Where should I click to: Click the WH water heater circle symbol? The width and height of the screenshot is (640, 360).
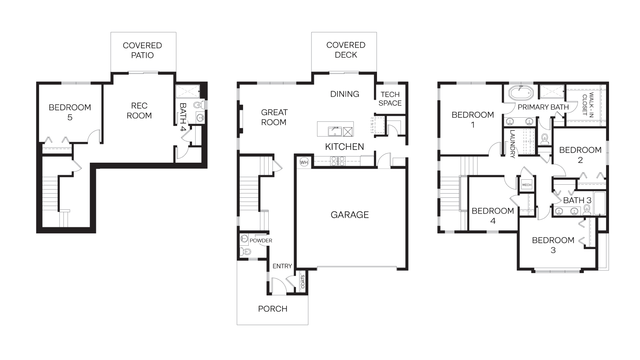click(x=304, y=162)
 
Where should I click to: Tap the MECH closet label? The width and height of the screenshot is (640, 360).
click(x=527, y=185)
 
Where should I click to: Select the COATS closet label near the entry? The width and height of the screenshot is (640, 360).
click(x=303, y=282)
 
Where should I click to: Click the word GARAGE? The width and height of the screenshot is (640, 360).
click(x=350, y=215)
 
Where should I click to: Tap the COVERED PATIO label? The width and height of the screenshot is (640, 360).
click(x=142, y=50)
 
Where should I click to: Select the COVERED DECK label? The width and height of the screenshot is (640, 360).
click(x=346, y=50)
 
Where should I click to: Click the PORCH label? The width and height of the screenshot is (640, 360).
click(x=273, y=309)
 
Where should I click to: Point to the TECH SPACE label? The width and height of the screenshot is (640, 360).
click(x=390, y=99)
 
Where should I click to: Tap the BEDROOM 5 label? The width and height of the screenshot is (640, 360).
click(x=70, y=112)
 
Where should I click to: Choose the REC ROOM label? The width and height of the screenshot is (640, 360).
click(x=139, y=111)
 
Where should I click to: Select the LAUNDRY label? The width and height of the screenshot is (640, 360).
click(x=512, y=144)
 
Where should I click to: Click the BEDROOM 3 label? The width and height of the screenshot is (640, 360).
click(x=553, y=245)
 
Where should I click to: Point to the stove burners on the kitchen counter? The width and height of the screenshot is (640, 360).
click(x=337, y=161)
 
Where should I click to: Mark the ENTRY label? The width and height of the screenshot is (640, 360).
click(x=282, y=266)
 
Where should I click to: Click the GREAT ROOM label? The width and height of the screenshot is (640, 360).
click(x=274, y=117)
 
